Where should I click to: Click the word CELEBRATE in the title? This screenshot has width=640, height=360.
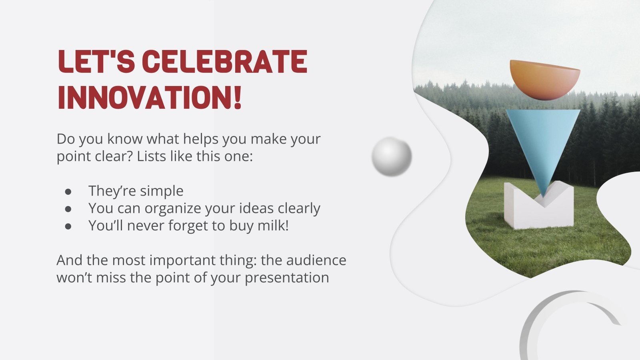point(224,61)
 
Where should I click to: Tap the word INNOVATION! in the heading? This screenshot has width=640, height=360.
point(150,96)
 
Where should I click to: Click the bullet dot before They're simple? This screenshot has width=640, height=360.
point(68,192)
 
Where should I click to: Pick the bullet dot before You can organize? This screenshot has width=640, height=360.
point(68,209)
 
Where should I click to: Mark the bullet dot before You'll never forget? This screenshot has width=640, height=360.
point(68,226)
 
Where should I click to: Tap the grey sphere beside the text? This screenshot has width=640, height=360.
point(392,156)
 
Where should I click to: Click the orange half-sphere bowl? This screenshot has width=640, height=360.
point(545,80)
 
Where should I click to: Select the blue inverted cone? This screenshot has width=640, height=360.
point(543,143)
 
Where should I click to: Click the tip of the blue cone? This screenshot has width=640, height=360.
point(542,197)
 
